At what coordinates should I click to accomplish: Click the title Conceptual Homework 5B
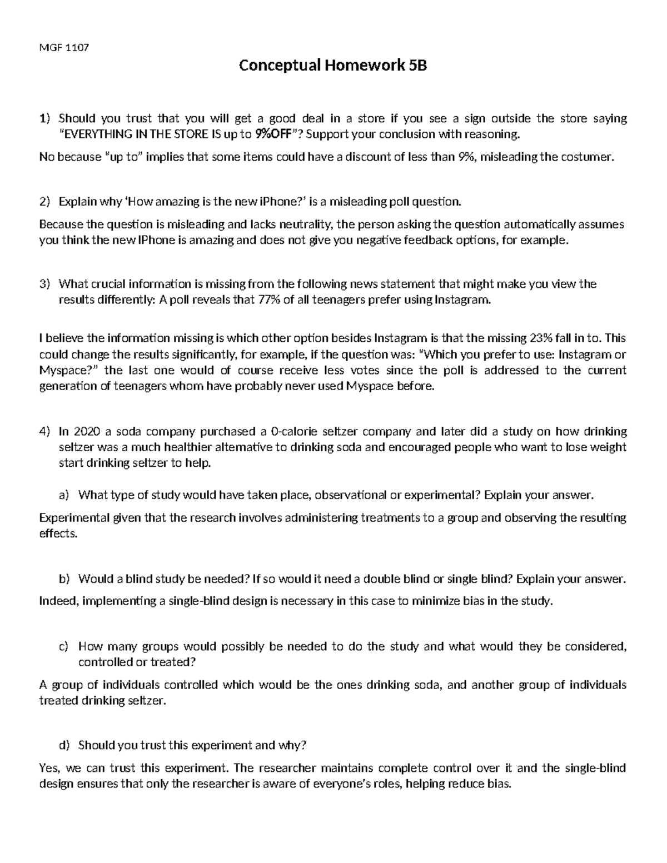pyautogui.click(x=333, y=66)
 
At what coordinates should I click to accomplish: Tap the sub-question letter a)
pyautogui.click(x=63, y=495)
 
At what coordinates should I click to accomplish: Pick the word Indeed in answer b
pyautogui.click(x=58, y=601)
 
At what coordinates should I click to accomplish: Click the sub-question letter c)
pyautogui.click(x=63, y=646)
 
